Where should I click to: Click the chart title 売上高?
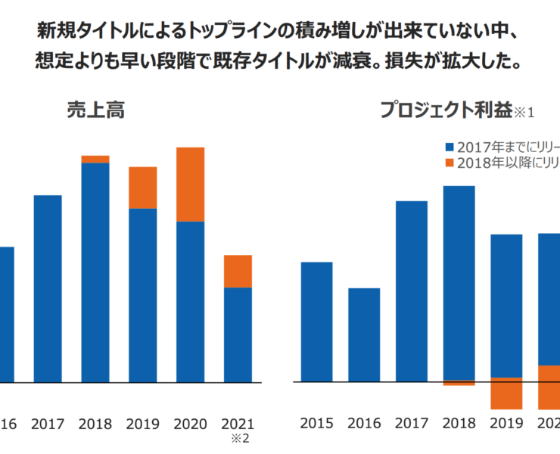tap(95, 110)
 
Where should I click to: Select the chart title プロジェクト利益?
tap(446, 110)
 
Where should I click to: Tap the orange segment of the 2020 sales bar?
tap(190, 184)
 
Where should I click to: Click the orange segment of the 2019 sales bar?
tap(142, 188)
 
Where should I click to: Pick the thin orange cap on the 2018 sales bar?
tap(95, 159)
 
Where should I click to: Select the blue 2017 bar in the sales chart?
tap(48, 288)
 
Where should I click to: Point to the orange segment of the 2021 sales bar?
tap(238, 271)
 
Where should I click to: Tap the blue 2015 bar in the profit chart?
tap(316, 322)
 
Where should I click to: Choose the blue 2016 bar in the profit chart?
tap(364, 334)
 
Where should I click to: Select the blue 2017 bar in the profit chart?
tap(411, 291)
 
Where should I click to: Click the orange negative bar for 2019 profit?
tap(506, 393)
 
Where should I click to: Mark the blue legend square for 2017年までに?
tap(450, 148)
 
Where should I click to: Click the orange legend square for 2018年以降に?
tap(450, 163)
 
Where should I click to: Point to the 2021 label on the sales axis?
tap(238, 423)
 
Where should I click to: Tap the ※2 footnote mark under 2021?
tap(238, 438)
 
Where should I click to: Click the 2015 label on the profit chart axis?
tap(316, 423)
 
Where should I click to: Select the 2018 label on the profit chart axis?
tap(459, 423)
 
